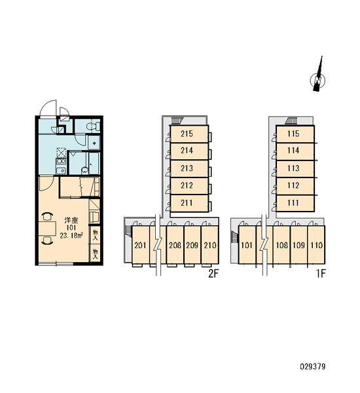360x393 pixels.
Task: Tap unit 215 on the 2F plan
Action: pyautogui.click(x=189, y=134)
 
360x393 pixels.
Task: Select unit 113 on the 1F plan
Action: pyautogui.click(x=295, y=168)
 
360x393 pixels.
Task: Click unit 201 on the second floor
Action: pyautogui.click(x=141, y=245)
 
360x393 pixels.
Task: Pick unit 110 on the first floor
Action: pyautogui.click(x=316, y=245)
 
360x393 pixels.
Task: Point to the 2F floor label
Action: pyautogui.click(x=213, y=274)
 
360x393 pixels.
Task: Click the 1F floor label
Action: pyautogui.click(x=321, y=274)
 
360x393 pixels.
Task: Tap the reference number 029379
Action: pyautogui.click(x=313, y=367)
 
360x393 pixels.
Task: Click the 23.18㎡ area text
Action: pyautogui.click(x=71, y=235)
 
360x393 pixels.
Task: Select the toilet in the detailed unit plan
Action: pyautogui.click(x=92, y=126)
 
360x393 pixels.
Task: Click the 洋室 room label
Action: pyautogui.click(x=71, y=220)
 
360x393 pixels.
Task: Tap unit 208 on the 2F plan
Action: pyautogui.click(x=175, y=245)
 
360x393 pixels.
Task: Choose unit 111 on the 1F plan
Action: pyautogui.click(x=295, y=203)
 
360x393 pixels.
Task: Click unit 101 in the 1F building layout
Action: pyautogui.click(x=247, y=245)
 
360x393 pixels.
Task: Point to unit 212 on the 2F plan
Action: pyautogui.click(x=189, y=186)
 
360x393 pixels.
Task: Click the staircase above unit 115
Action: pyautogui.click(x=291, y=121)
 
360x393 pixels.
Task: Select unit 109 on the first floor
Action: pyautogui.click(x=299, y=245)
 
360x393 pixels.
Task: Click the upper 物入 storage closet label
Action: pyautogui.click(x=95, y=235)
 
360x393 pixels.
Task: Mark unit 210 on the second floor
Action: pyautogui.click(x=210, y=245)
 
